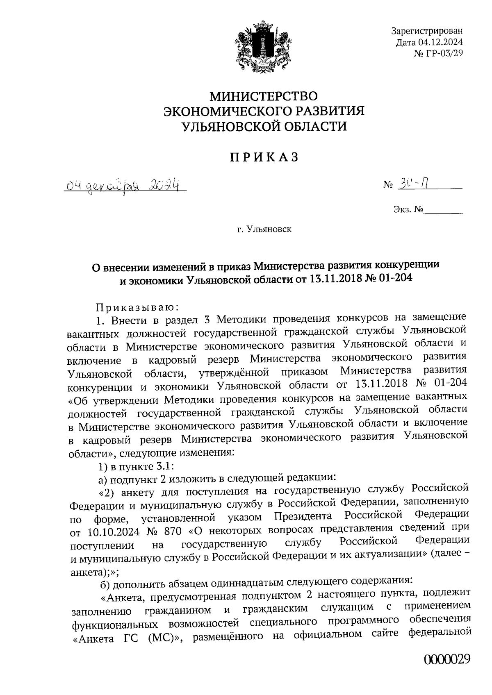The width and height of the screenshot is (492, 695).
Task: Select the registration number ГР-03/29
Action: [x=444, y=53]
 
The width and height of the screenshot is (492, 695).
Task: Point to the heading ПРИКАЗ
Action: [x=264, y=157]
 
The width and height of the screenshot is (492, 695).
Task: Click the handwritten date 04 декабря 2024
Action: [x=123, y=187]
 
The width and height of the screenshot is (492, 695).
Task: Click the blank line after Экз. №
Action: [x=443, y=211]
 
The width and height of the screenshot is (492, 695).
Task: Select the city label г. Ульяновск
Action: [x=264, y=229]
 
